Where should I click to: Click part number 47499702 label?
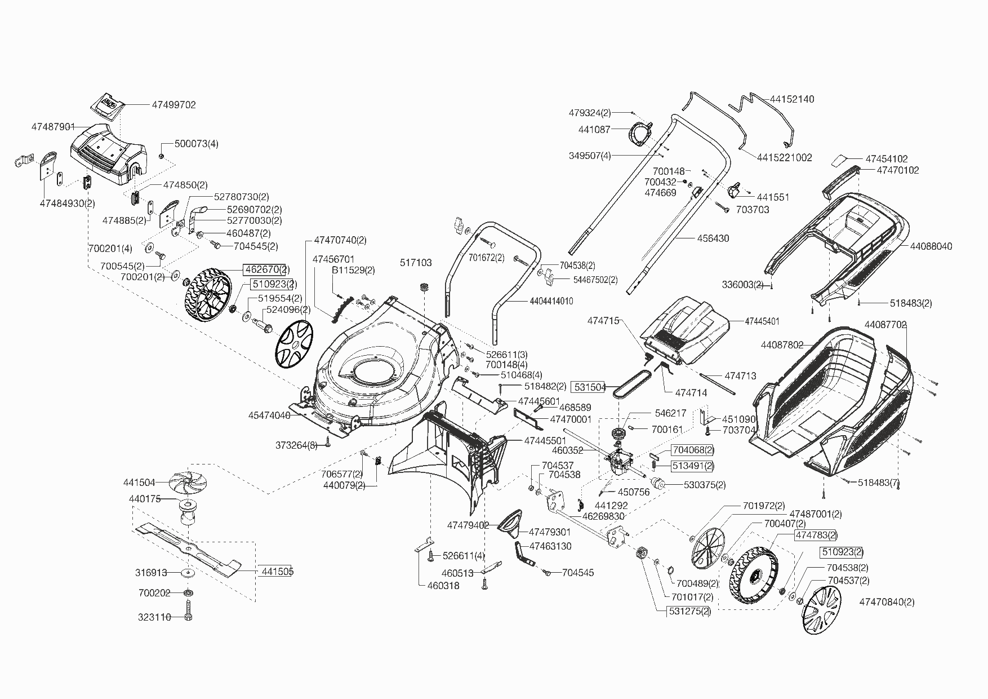174,105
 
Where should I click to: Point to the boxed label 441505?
278,572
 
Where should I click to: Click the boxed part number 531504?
589,387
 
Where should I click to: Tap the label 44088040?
931,246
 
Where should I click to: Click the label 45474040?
269,415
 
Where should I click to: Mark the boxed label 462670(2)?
266,269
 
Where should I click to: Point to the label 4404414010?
551,302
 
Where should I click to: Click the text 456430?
713,238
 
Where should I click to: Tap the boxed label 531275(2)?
689,611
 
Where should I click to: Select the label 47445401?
762,321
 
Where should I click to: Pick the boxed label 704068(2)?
693,450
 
